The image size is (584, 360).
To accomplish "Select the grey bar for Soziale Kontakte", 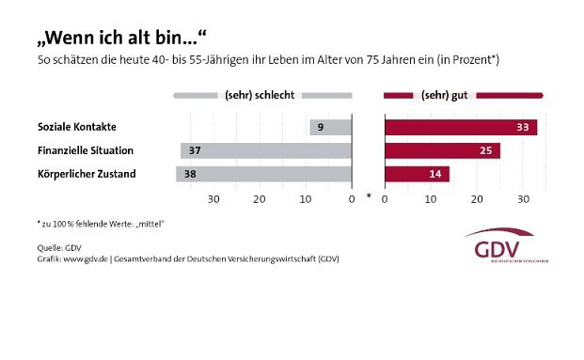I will pos(330,127).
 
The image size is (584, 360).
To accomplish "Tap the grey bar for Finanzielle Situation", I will pos(266,150).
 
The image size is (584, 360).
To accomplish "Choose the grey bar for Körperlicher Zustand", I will pos(263,174).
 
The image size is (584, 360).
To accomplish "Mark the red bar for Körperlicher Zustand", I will pos(417,174).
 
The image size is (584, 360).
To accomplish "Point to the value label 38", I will pos(190,174).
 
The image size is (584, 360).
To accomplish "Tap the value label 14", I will pos(436,174).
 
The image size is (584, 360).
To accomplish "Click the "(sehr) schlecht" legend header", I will pos(262,95).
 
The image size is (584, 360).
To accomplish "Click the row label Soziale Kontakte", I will pos(76,127).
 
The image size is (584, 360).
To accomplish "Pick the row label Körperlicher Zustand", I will pos(86,174).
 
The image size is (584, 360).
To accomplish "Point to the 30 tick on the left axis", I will pos(213,198).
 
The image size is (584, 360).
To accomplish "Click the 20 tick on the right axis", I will pos(477,198).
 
